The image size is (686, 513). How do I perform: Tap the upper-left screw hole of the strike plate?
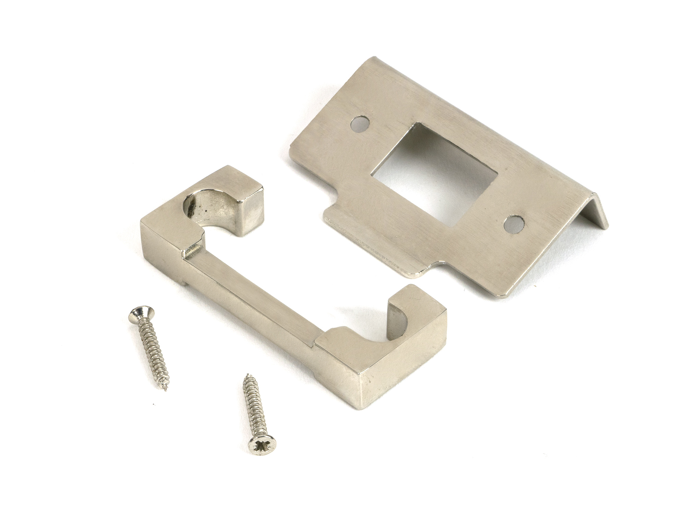(359, 124)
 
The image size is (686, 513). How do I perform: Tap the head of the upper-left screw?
(141, 313)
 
